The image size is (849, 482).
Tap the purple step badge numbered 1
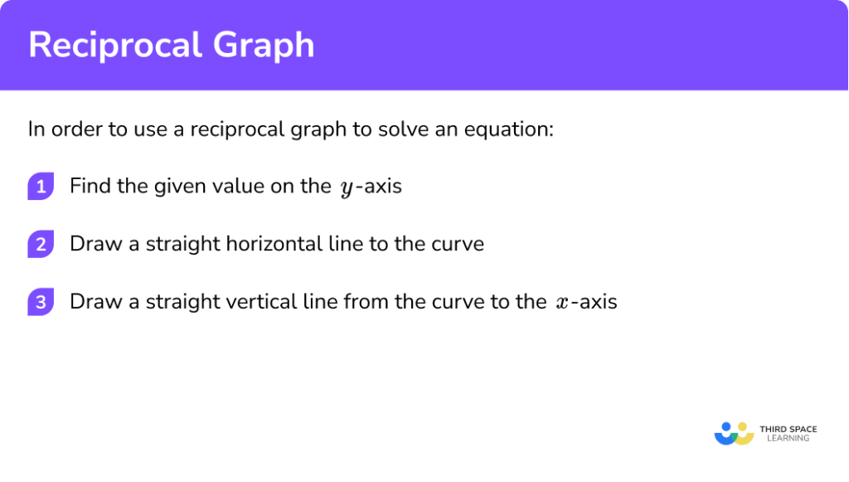tap(40, 187)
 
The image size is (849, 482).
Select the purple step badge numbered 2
tap(40, 245)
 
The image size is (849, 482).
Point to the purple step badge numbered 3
tap(40, 302)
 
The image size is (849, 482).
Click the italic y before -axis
tap(345, 187)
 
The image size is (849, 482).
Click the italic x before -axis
tap(563, 303)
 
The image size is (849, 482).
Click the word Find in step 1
tap(88, 186)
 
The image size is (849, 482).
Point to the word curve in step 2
tap(458, 244)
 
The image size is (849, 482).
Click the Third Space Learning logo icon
tap(734, 432)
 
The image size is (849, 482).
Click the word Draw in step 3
tap(93, 301)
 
